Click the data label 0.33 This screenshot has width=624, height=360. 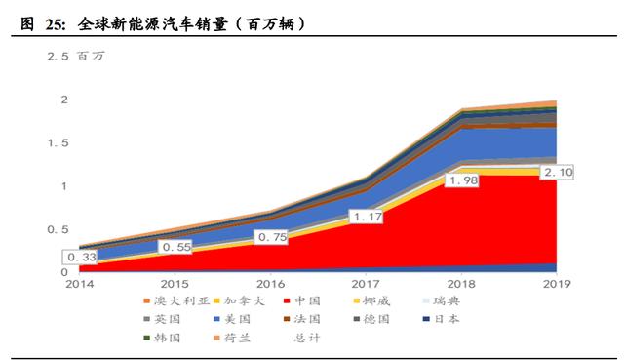coord(80,258)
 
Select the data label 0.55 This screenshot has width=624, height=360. coord(175,248)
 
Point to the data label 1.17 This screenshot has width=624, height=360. coord(366,216)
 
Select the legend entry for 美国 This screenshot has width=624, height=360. coord(231,319)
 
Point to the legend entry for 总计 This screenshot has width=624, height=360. coord(306,338)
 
